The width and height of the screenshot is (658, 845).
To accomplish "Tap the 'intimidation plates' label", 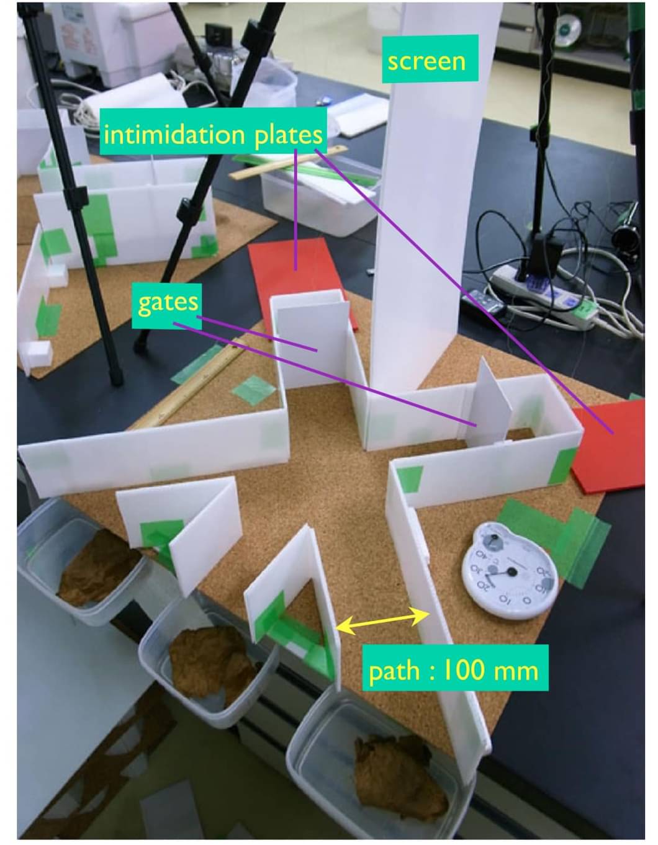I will [x=214, y=134].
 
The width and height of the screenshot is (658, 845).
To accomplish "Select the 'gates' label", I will [x=168, y=302].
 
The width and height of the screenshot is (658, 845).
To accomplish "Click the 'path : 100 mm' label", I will [x=455, y=670].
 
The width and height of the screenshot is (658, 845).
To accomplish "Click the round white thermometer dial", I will [x=507, y=568].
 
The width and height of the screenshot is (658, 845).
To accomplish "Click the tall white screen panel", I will [x=428, y=217].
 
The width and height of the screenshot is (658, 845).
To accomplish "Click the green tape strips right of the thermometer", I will [x=559, y=540].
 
